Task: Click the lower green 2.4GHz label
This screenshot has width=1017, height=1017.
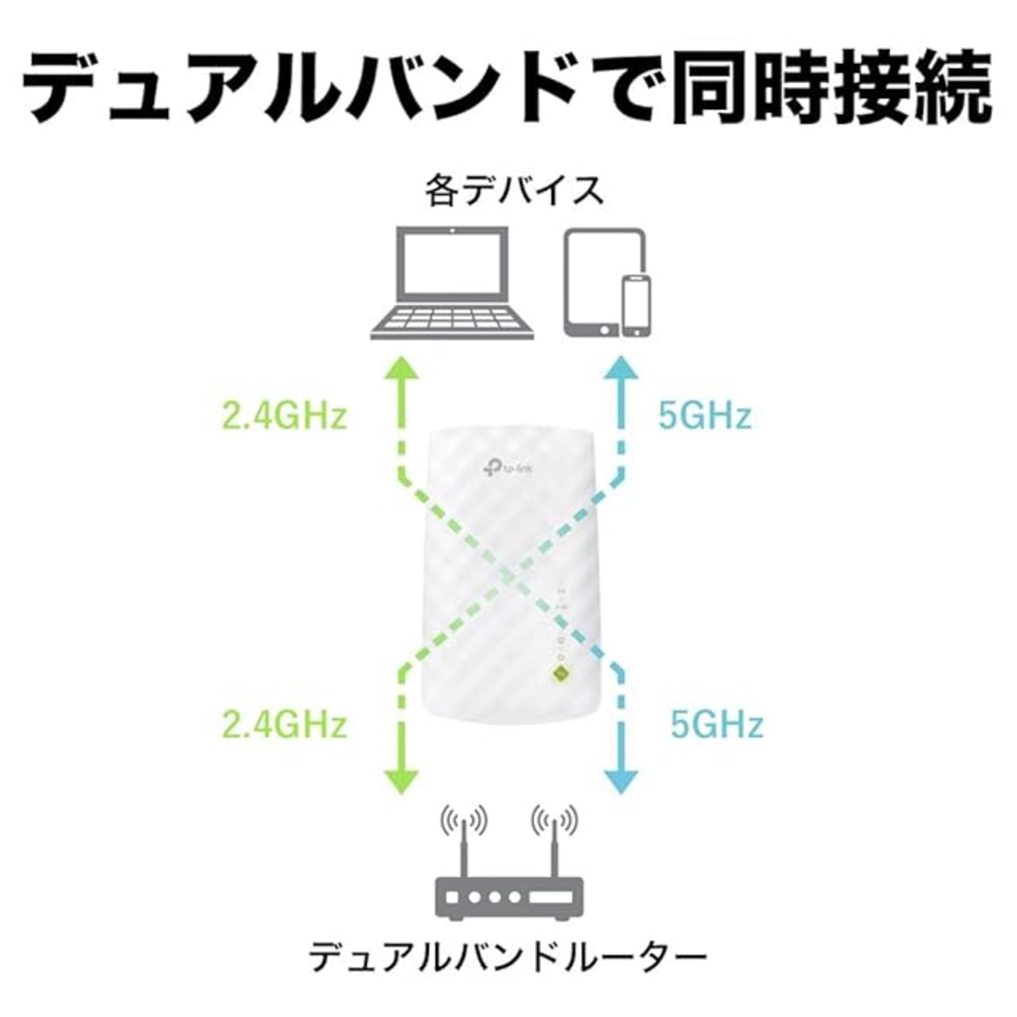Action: [x=285, y=725]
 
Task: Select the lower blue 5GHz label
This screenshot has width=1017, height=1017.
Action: [x=717, y=725]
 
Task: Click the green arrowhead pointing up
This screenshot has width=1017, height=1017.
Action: [x=403, y=369]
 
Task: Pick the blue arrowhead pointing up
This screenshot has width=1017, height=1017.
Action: [x=621, y=369]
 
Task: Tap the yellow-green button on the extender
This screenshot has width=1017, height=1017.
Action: [x=561, y=673]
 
